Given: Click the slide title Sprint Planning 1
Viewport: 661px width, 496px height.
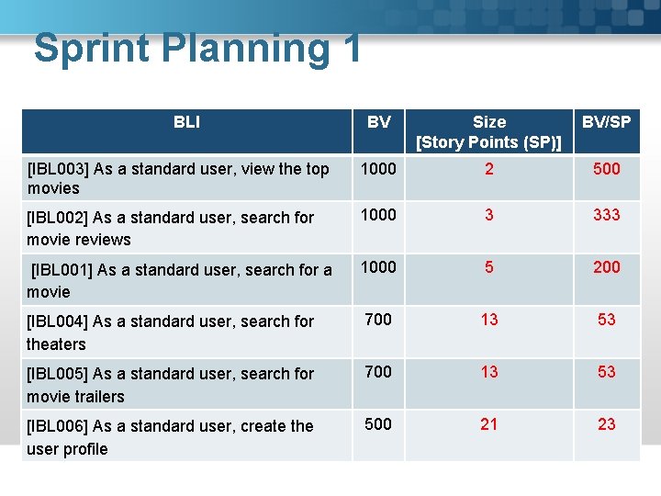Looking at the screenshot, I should [x=197, y=49].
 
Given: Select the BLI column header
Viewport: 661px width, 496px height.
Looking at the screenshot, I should [x=186, y=122].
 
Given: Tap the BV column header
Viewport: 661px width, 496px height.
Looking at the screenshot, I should [x=378, y=122].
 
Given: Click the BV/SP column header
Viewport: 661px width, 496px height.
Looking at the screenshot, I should [x=606, y=122].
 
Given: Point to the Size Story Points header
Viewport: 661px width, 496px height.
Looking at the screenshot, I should [x=488, y=131].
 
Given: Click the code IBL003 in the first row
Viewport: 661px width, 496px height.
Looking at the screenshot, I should [x=57, y=169].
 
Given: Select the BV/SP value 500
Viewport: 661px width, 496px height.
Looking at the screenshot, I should [x=606, y=169].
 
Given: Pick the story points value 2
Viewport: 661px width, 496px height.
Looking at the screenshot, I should [x=488, y=169].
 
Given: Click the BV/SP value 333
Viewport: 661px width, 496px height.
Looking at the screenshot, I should [x=606, y=215].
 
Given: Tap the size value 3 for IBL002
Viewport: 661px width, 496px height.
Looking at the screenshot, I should [x=488, y=215].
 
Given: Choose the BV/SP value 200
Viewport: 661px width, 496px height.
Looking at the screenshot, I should [x=606, y=267].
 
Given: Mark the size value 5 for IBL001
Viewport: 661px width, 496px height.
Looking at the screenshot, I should [x=488, y=267].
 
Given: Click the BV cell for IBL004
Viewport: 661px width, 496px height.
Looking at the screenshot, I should [x=378, y=320].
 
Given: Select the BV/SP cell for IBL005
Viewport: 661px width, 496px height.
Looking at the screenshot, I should [x=606, y=372].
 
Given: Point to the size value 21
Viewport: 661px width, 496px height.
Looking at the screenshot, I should [x=488, y=424].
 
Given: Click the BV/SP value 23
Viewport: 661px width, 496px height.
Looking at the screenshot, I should [x=606, y=424].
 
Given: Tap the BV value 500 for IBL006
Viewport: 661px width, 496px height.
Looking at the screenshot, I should [x=378, y=424].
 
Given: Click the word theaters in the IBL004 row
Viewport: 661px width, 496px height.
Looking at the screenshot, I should [x=56, y=344].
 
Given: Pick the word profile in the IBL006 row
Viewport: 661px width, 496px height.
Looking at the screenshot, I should [x=85, y=449].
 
